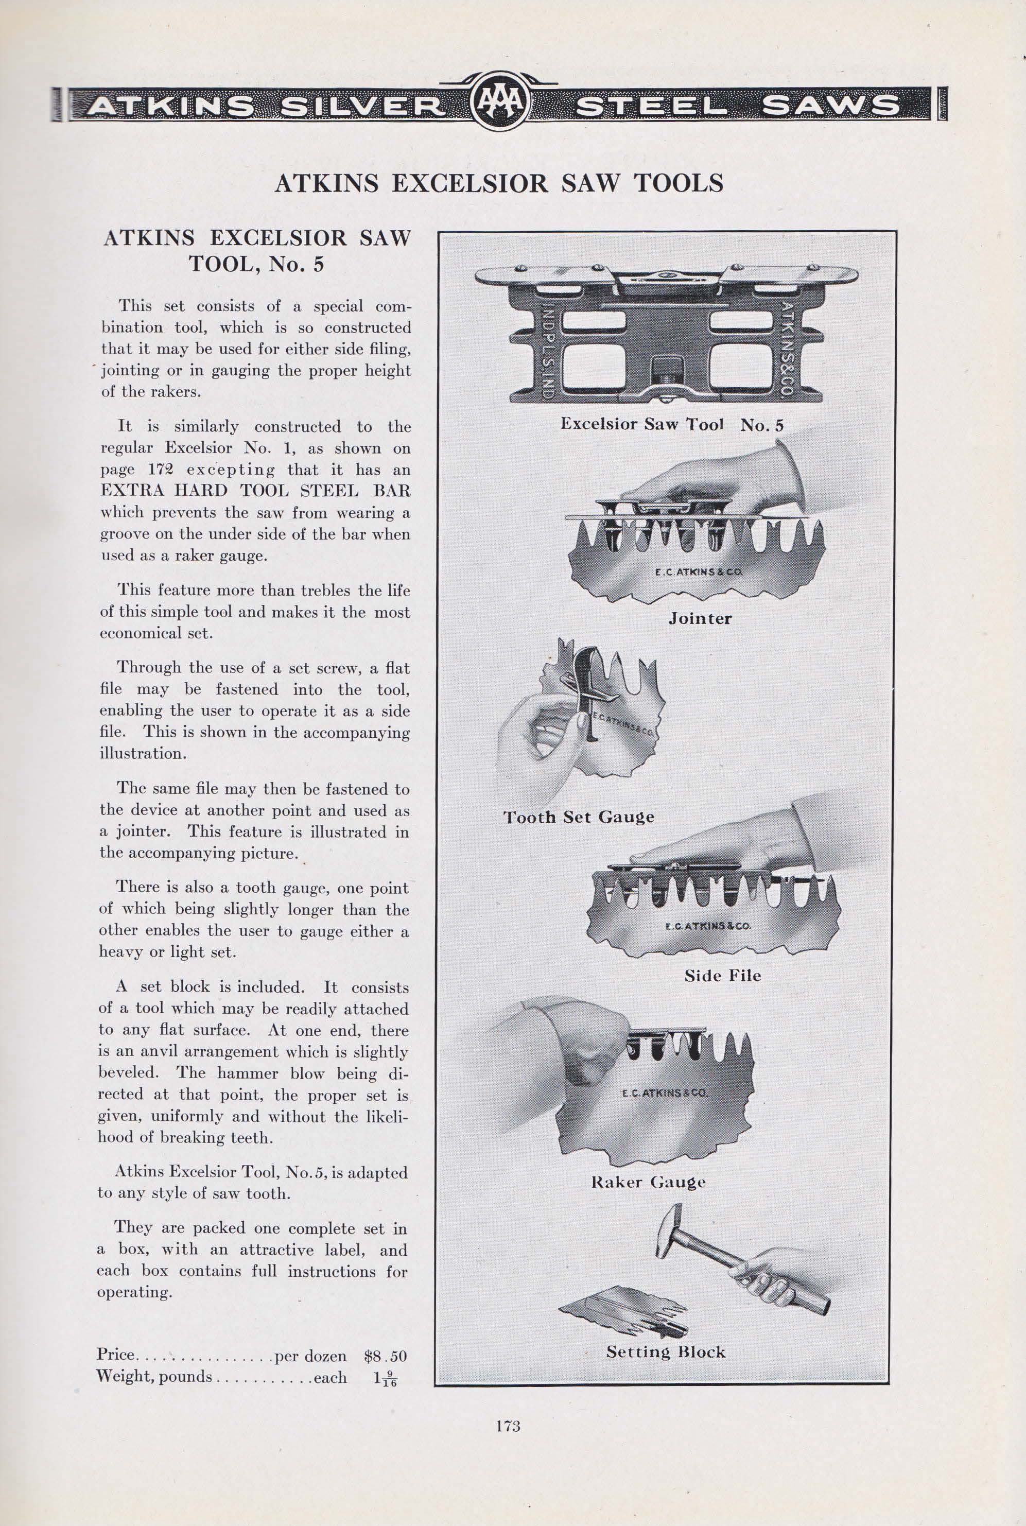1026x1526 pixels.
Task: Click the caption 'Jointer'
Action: pyautogui.click(x=700, y=618)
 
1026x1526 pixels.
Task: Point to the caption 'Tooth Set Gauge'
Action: pyautogui.click(x=579, y=817)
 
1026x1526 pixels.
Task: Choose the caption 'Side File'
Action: pyautogui.click(x=722, y=976)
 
